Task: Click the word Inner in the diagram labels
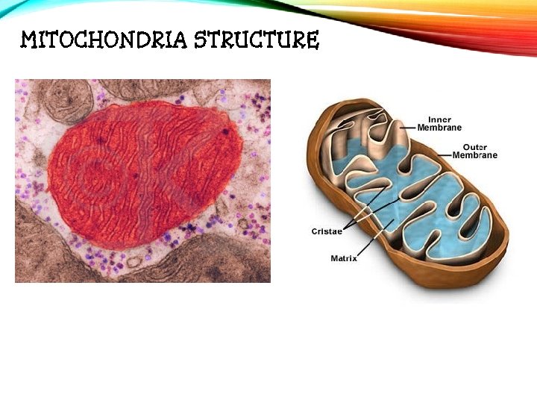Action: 439,119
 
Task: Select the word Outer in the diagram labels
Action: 474,147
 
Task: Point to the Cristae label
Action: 327,231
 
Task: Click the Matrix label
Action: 344,258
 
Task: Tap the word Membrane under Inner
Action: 439,128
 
